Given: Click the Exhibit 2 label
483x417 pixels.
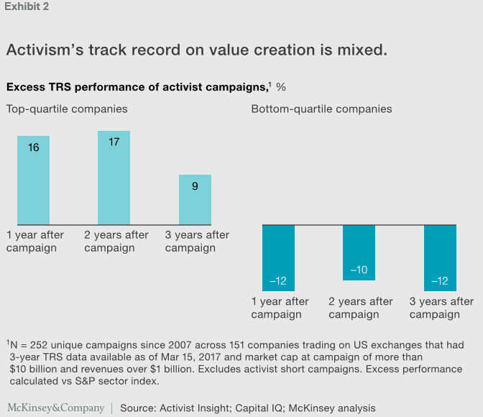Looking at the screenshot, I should (27, 7).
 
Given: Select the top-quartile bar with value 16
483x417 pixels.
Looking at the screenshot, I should (34, 180).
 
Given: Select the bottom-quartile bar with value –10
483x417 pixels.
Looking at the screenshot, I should (359, 252).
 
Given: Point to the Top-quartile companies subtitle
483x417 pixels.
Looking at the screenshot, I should (68, 109).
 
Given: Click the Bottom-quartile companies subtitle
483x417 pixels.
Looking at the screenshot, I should (321, 109).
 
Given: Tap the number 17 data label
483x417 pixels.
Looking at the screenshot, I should (114, 142).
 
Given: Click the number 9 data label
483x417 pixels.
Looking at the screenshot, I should (195, 186).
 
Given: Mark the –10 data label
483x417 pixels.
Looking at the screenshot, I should (359, 270).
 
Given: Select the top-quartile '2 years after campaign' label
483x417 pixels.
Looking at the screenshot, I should (116, 242).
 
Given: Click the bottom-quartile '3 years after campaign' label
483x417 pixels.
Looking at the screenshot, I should (441, 308).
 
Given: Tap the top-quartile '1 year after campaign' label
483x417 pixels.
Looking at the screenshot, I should (35, 242).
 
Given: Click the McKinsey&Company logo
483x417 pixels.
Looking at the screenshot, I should (56, 408).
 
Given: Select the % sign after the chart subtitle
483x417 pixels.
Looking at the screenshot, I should (281, 87).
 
